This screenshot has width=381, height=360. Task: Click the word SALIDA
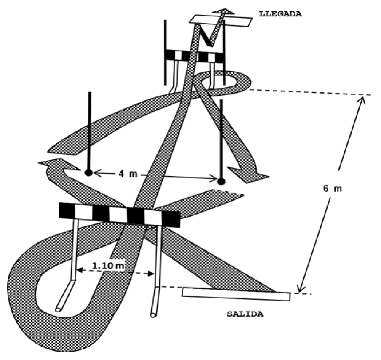point(245,314)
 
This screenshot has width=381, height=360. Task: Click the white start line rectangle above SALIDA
point(236,294)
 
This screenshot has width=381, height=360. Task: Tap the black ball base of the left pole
point(88,173)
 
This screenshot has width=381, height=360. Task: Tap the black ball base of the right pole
point(221,181)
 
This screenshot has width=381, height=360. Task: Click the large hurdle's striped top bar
point(119,214)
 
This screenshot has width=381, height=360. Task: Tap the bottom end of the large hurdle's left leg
point(59,309)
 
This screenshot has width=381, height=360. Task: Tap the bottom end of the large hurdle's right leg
point(153,314)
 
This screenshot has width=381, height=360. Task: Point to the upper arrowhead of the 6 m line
point(362,99)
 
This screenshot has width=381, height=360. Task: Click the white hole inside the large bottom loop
point(62,288)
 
